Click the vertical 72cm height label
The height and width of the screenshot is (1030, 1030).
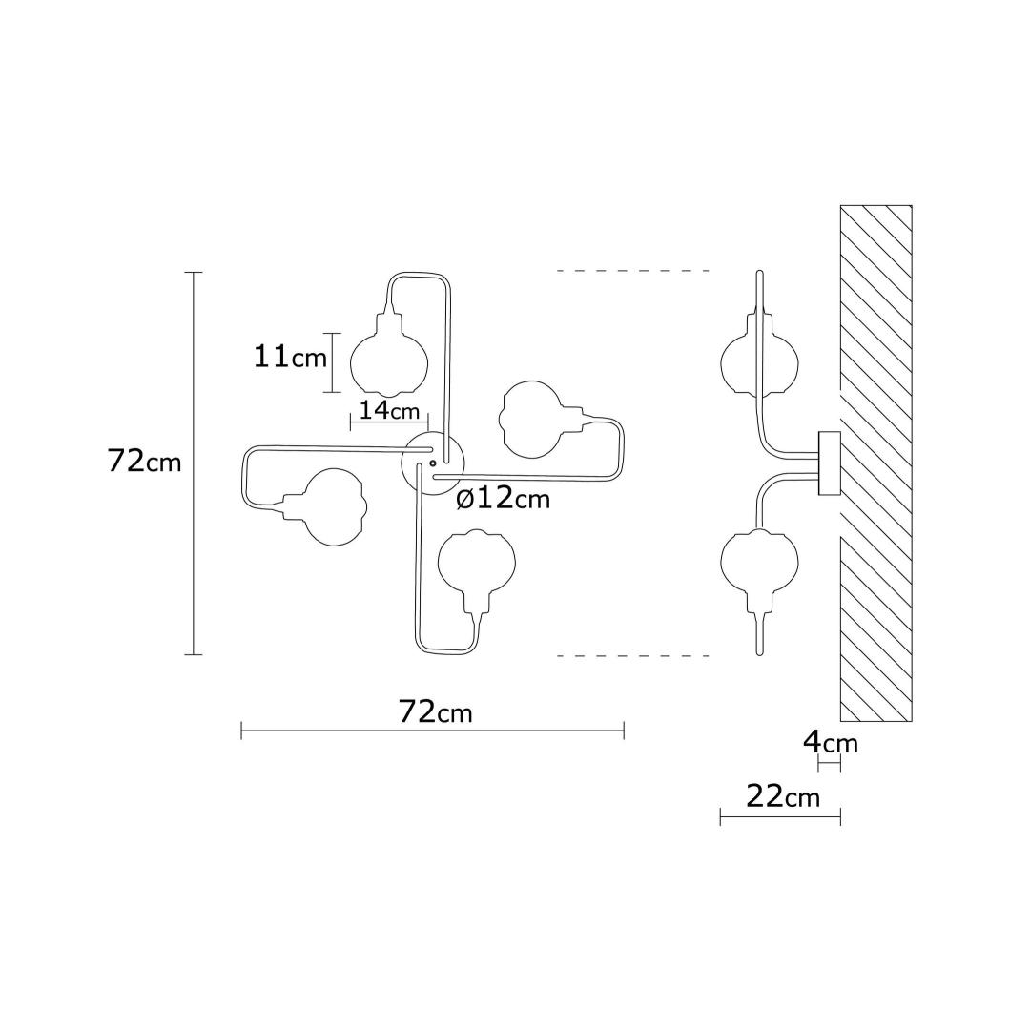tap(145, 463)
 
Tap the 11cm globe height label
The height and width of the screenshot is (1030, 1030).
tap(290, 358)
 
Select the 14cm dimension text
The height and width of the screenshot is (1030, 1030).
tap(389, 410)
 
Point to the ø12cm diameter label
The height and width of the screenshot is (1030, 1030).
tap(503, 499)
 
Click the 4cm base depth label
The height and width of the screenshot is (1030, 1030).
tap(831, 743)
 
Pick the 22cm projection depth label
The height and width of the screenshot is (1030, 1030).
tap(784, 796)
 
